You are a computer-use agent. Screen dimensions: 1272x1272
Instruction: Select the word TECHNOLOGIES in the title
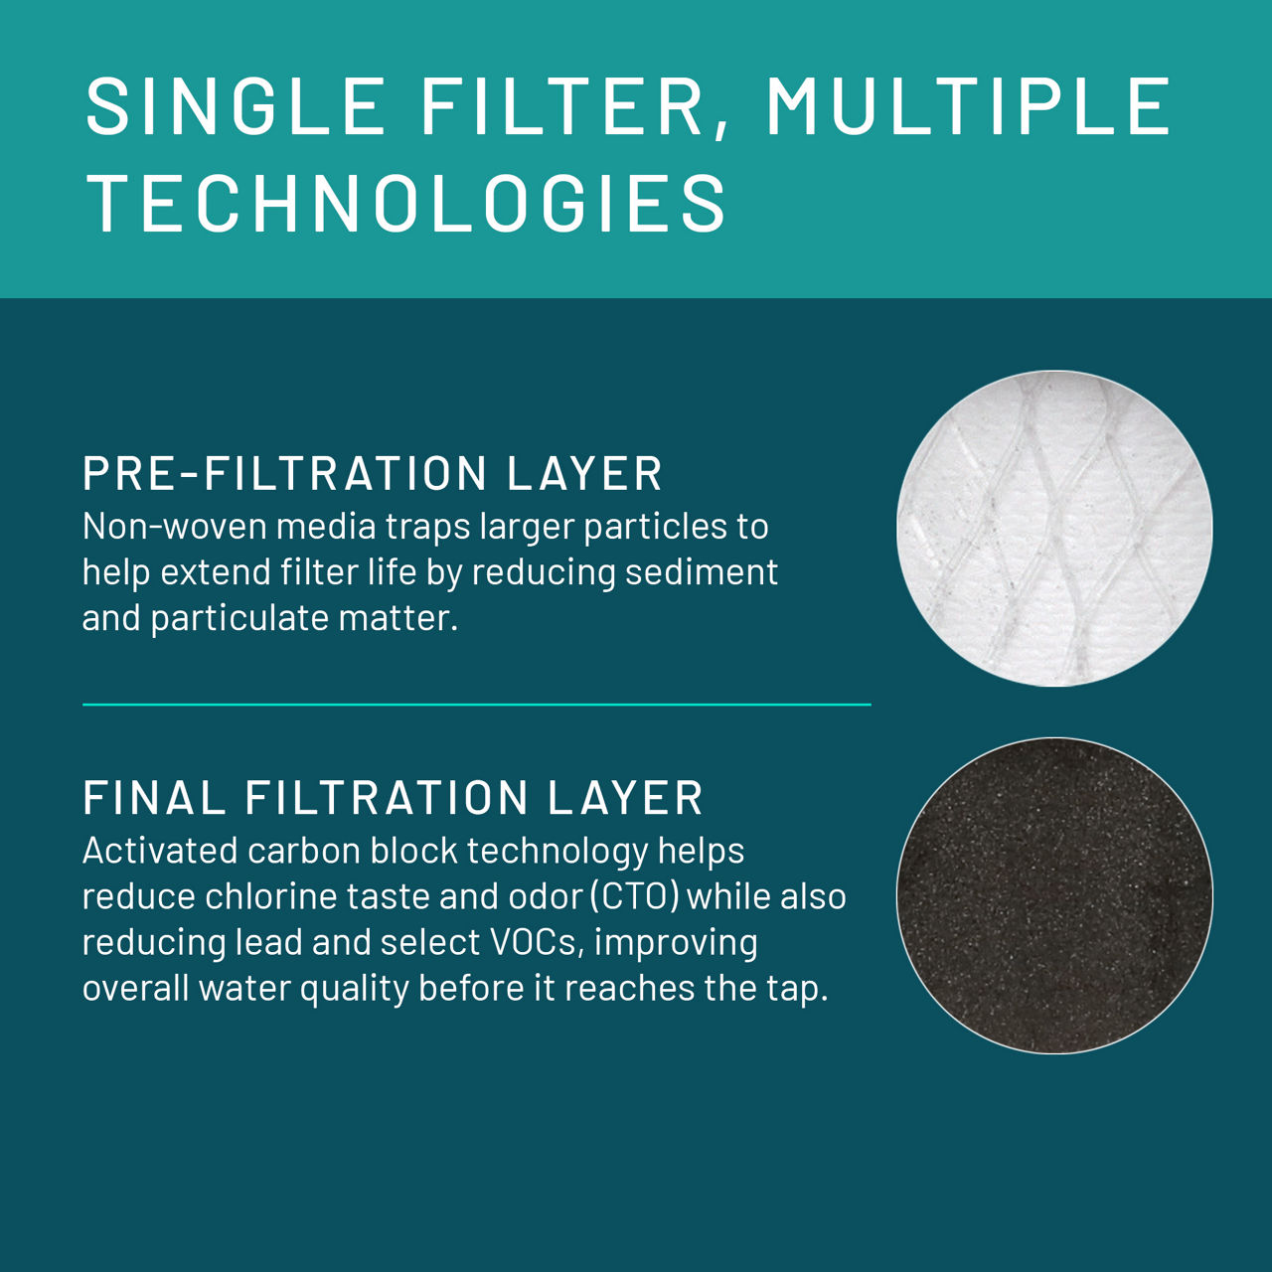click(x=407, y=204)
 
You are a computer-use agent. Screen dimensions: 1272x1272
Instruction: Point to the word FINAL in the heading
click(x=154, y=798)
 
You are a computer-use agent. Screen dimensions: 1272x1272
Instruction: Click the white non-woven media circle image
click(x=1054, y=529)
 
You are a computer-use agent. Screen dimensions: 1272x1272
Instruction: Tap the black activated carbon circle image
click(x=1054, y=895)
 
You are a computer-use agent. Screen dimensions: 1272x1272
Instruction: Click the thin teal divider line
click(x=476, y=705)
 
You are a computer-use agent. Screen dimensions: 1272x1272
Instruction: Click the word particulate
click(x=239, y=619)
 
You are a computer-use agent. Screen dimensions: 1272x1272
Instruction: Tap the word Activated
click(x=158, y=852)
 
